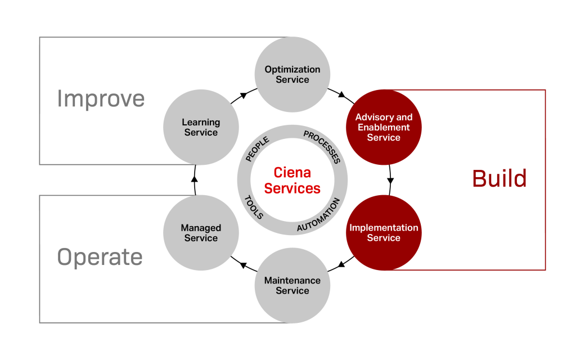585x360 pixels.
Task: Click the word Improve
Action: tap(101, 99)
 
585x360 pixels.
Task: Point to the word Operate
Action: tap(100, 258)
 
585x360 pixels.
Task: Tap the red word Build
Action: tap(499, 179)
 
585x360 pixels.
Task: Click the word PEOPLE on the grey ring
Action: tap(258, 149)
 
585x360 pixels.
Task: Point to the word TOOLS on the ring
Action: tap(254, 207)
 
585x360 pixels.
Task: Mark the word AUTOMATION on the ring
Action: tap(319, 215)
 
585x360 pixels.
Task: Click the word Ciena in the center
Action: tap(292, 172)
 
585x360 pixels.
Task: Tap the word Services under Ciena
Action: tap(292, 188)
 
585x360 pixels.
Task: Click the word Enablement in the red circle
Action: tap(384, 128)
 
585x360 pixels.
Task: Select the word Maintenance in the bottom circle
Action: tap(292, 280)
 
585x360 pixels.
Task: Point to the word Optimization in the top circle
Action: tap(292, 70)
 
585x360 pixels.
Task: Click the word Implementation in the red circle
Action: tap(384, 228)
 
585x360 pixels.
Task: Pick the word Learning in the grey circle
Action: tap(201, 122)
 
